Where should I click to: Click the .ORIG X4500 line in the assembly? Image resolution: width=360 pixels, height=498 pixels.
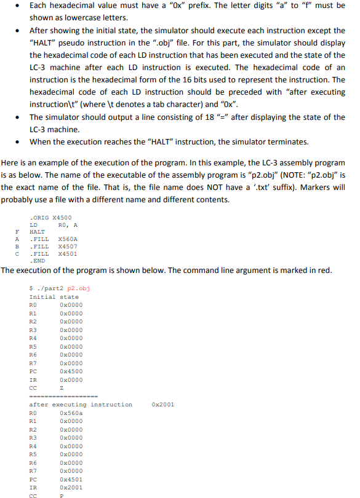coord(50,217)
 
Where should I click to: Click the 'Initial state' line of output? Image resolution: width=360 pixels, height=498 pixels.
coord(54,297)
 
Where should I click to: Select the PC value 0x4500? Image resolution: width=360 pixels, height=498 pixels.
coord(71,371)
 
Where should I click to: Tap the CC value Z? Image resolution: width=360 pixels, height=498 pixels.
coord(62,388)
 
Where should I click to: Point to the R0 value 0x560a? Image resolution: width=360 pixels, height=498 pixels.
coord(71,413)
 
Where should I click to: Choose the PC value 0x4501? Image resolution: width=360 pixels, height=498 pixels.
coord(71,479)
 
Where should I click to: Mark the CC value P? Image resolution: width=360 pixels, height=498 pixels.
coord(62,495)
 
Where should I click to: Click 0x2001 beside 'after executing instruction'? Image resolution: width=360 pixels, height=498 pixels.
coord(162,405)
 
